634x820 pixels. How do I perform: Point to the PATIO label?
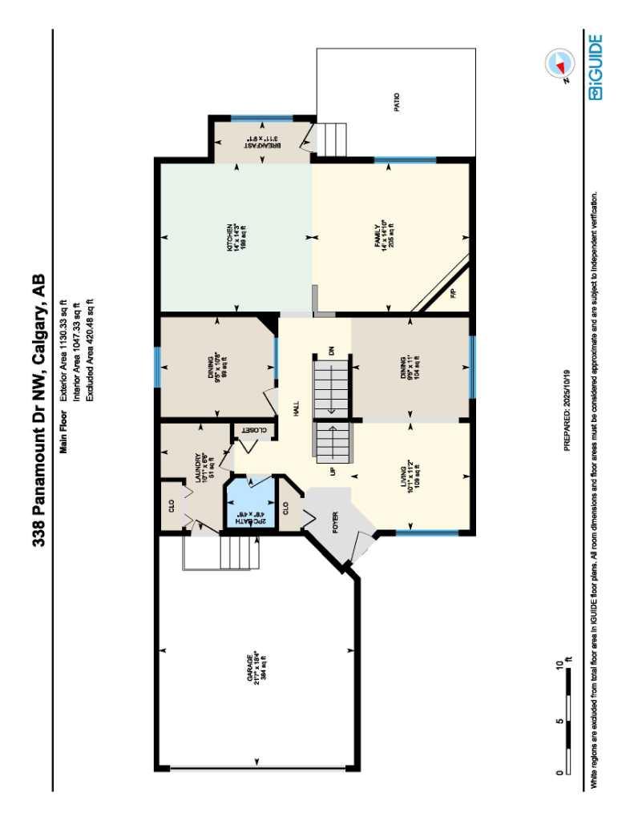[396, 102]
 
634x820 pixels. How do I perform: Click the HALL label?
[296, 409]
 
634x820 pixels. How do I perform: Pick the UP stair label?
[330, 472]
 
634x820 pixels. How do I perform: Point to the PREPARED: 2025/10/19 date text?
[567, 409]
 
